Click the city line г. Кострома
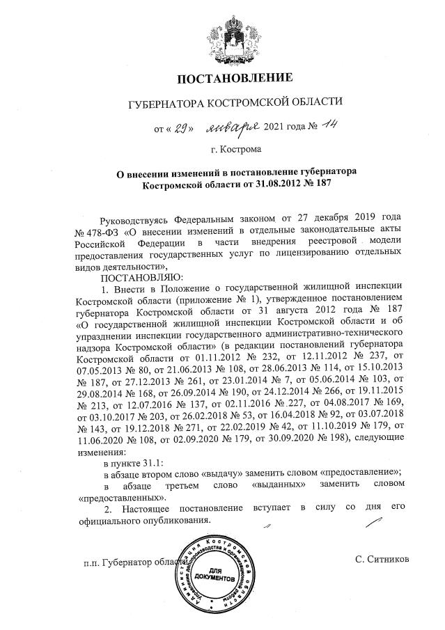pos(236,149)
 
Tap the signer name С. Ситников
pos(381,559)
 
